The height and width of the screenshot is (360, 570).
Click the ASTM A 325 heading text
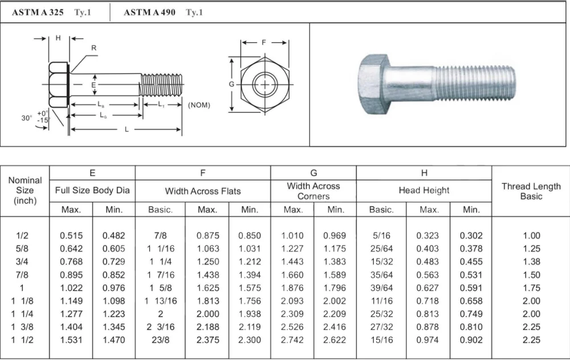click(x=38, y=12)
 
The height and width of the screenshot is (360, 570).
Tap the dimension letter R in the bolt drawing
click(x=94, y=48)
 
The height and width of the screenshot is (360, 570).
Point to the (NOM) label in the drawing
click(x=199, y=105)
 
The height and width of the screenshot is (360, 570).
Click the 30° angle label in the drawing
click(x=26, y=118)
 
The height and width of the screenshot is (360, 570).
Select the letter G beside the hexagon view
click(x=231, y=84)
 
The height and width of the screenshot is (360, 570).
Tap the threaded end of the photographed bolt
click(x=476, y=83)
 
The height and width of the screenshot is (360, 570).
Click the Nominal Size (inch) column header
click(x=25, y=190)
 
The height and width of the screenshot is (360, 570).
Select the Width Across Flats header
click(x=203, y=191)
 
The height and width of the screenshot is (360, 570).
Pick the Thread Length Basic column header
click(x=531, y=191)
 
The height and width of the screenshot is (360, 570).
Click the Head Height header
click(x=424, y=191)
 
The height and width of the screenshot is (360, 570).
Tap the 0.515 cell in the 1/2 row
click(x=71, y=235)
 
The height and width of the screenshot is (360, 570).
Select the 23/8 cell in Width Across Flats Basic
click(x=160, y=340)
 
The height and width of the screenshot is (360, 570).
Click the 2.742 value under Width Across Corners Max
click(x=292, y=340)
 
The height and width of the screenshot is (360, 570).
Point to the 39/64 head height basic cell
click(x=381, y=288)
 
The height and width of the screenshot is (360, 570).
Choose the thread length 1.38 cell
click(x=531, y=261)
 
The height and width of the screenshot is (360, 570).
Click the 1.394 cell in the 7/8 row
click(x=250, y=275)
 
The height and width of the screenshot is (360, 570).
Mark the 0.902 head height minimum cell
click(x=471, y=340)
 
